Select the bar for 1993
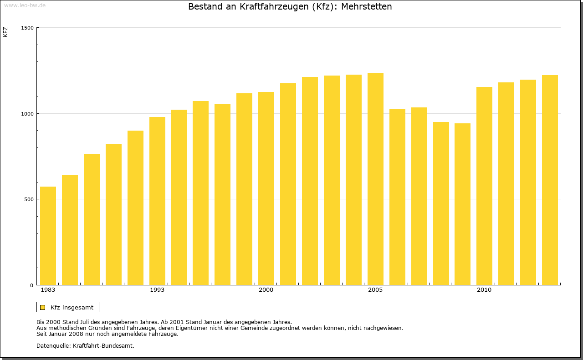tap(157, 201)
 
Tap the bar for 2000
tap(266, 188)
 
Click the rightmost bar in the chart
tap(550, 180)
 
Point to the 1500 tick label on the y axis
tap(28, 28)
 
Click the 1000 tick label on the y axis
tap(28, 113)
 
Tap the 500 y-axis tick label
tap(29, 199)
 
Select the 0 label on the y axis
tap(32, 285)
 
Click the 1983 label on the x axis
tap(48, 290)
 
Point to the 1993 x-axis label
tap(157, 290)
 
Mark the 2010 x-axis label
tap(484, 290)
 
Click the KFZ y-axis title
tap(5, 32)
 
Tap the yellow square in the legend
tap(43, 307)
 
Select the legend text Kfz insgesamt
tap(72, 307)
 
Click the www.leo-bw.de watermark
tap(24, 5)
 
